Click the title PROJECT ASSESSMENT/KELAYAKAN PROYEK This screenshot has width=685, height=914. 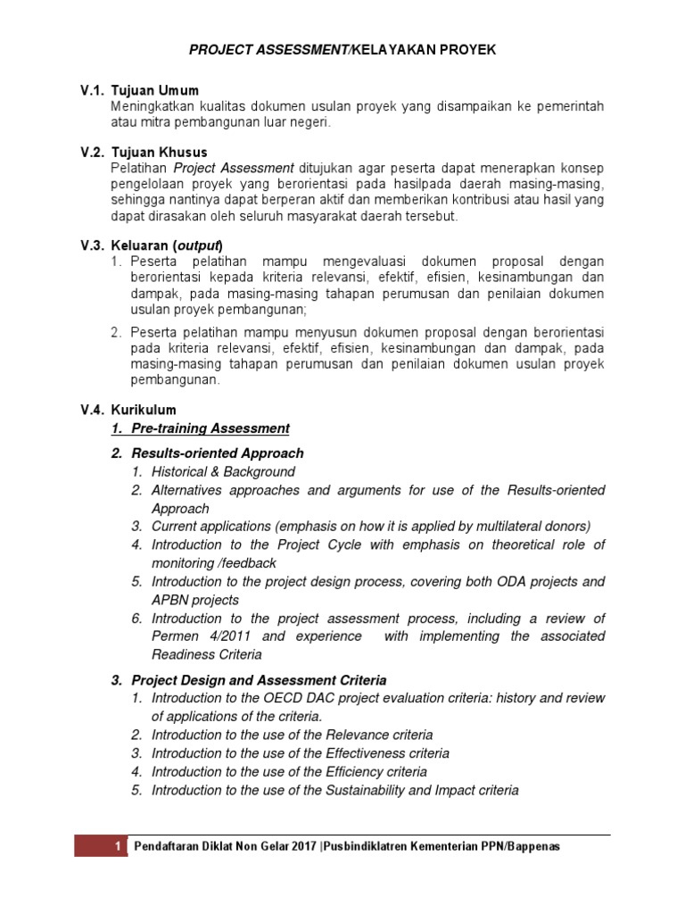342,51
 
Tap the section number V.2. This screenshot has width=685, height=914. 93,153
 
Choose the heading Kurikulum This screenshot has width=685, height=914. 144,410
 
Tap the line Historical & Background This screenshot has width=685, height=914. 223,471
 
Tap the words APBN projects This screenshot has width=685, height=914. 195,600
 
